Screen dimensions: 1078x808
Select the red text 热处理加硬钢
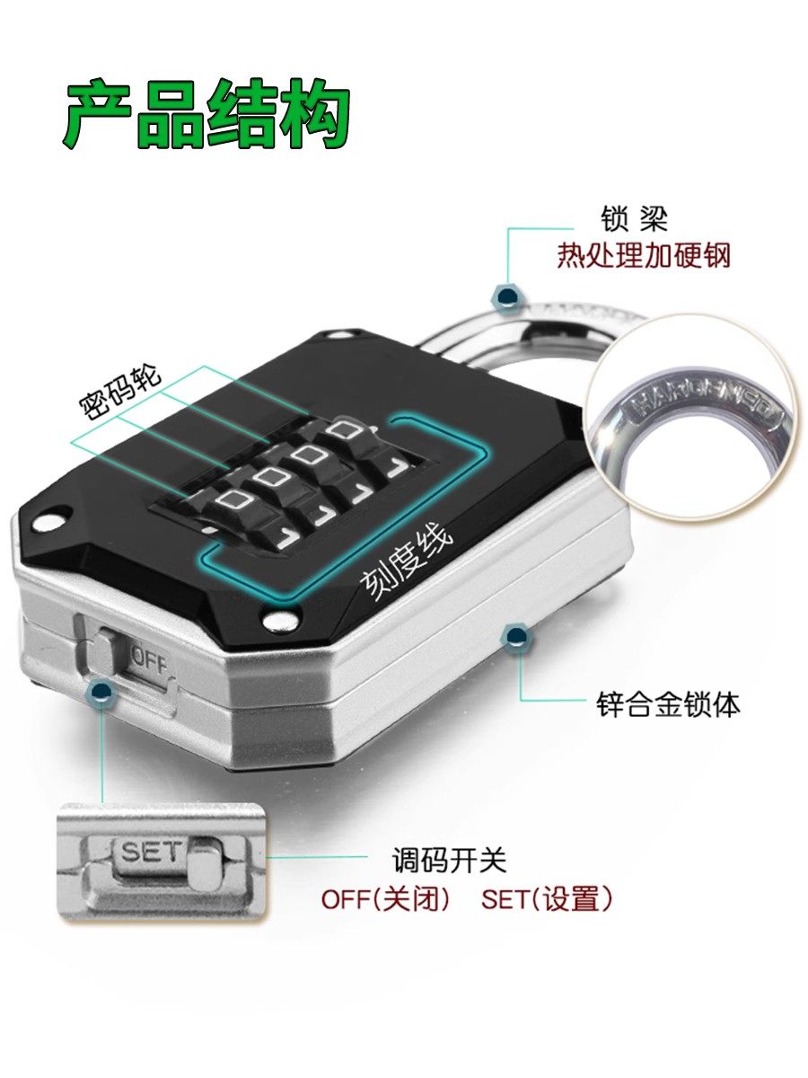644,256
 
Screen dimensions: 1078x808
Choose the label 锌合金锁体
669,704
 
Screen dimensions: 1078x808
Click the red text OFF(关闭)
385,899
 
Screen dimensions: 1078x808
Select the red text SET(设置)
547,899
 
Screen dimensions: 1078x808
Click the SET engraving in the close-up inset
150,852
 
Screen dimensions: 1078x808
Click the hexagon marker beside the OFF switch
102,692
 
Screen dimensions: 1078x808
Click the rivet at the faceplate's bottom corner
281,620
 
